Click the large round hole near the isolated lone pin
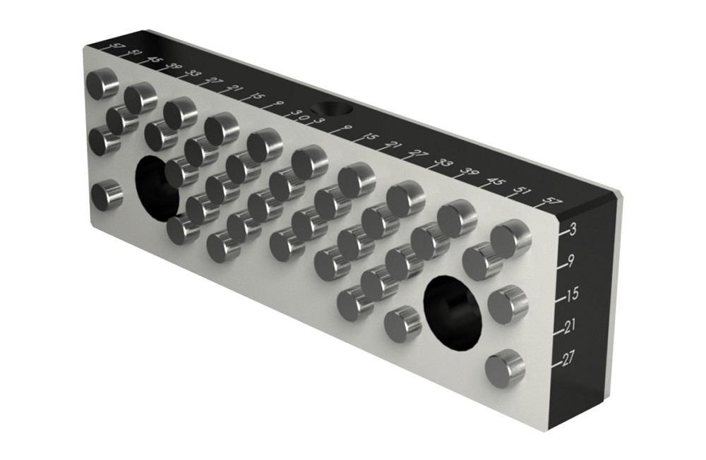click(x=157, y=186)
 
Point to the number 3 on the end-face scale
click(x=573, y=229)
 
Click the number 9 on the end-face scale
click(x=570, y=262)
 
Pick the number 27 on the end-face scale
click(x=568, y=360)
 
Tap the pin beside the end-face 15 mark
click(x=508, y=305)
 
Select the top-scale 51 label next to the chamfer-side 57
click(x=523, y=191)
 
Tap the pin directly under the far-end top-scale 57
click(x=104, y=83)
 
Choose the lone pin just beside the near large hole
click(x=403, y=324)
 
